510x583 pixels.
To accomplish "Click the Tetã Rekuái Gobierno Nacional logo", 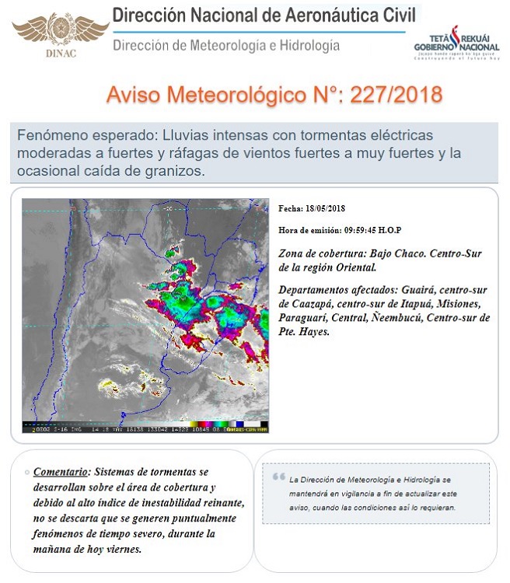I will tap(456, 45).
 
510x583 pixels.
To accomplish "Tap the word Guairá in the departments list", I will tap(421, 289).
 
